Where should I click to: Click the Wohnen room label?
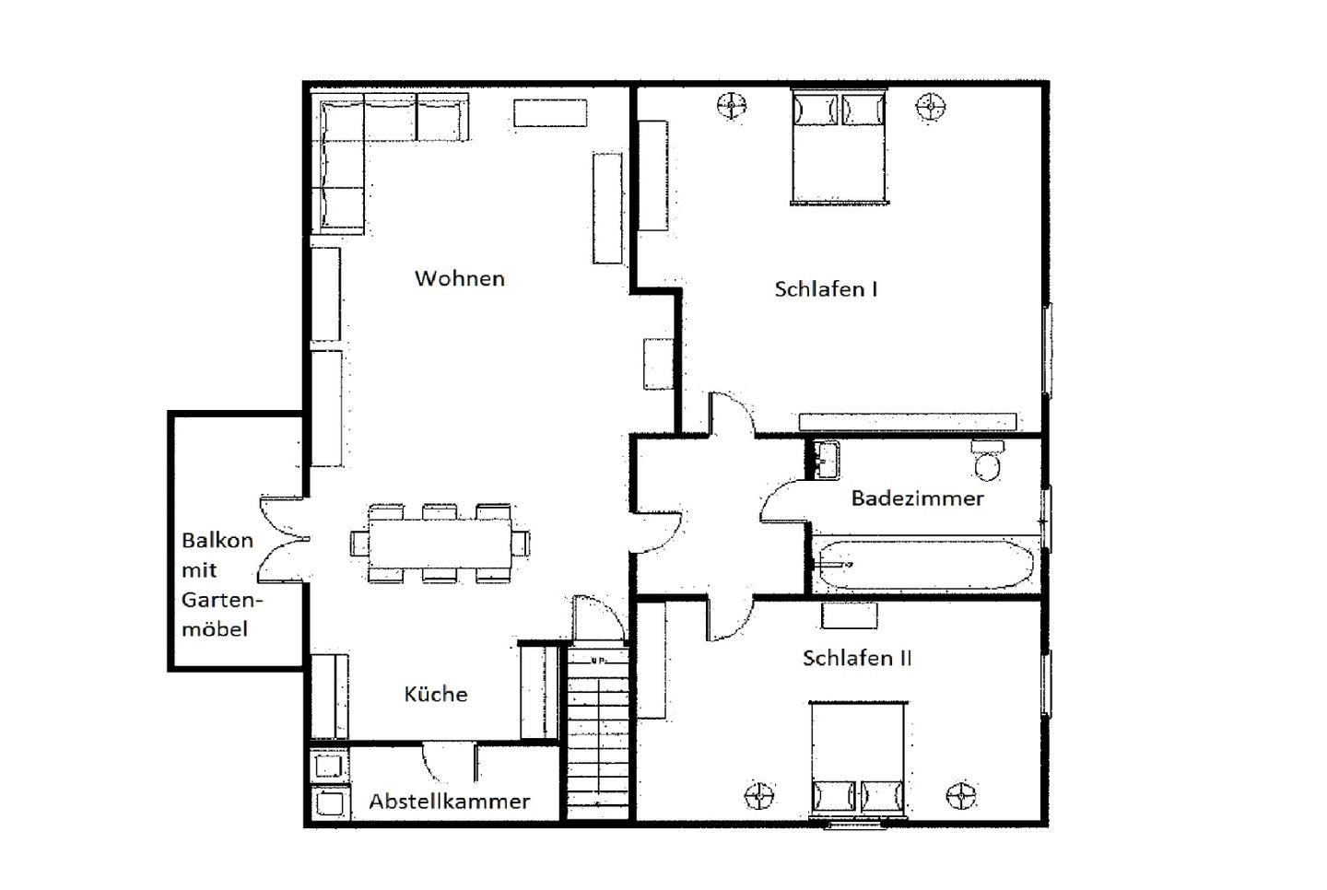point(460,278)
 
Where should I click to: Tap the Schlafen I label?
point(826,289)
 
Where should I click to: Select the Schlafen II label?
point(857,658)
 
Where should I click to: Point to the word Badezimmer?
point(917,498)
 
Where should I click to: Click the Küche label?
point(436,694)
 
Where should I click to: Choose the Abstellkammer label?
point(449,802)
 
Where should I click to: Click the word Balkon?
point(217,540)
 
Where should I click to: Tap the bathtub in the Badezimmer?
point(924,565)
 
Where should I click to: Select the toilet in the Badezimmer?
point(987,460)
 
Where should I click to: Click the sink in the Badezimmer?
point(826,460)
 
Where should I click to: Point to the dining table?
point(440,543)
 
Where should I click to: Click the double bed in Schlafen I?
point(839,146)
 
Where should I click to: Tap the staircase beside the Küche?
point(598,733)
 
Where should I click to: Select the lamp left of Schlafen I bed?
point(731,106)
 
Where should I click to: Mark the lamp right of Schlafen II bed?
point(960,795)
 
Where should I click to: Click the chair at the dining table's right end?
point(521,543)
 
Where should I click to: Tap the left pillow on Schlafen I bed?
point(816,111)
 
